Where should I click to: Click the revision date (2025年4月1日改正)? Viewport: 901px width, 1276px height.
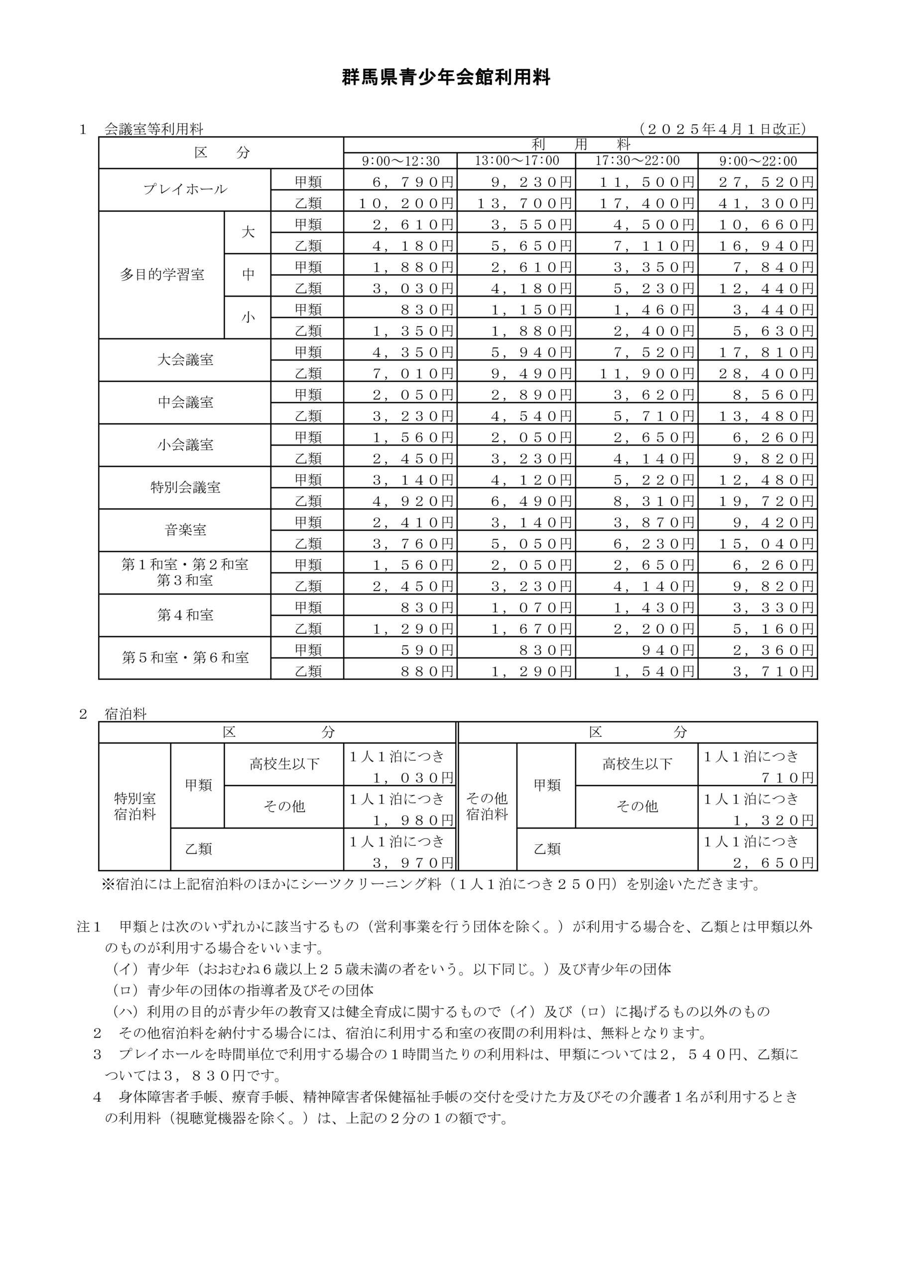(722, 129)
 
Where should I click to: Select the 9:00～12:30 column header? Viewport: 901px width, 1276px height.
(400, 161)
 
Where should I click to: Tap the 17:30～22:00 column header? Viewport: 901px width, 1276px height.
(637, 161)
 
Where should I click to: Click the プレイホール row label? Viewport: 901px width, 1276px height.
(185, 189)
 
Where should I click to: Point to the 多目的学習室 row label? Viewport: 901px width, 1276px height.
(162, 275)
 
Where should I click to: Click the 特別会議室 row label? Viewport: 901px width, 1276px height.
(185, 487)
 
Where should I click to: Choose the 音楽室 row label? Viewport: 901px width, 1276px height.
(185, 530)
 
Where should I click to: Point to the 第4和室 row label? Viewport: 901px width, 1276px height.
(185, 615)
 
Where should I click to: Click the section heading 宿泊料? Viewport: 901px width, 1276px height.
(126, 714)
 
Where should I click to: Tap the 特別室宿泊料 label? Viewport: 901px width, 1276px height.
(134, 806)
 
